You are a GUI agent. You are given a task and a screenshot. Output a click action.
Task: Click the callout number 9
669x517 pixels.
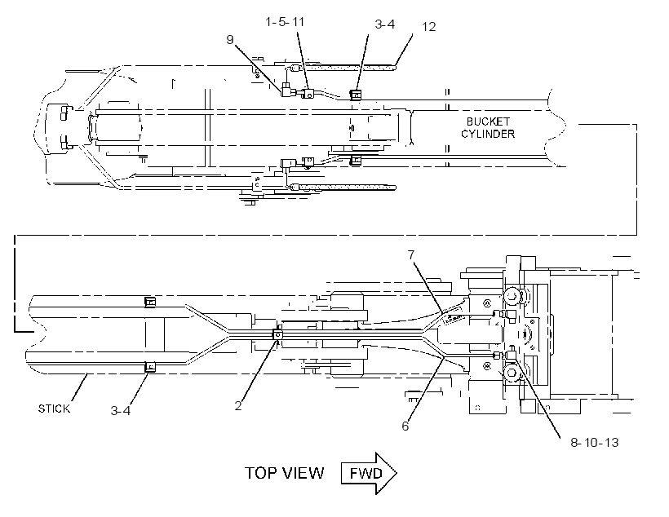tap(230, 40)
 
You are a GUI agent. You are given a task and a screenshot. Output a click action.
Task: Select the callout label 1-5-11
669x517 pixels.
tap(285, 22)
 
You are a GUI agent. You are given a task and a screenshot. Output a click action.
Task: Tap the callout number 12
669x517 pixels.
tap(429, 27)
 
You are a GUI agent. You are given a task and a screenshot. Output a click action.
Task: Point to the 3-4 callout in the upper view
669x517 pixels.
tap(385, 24)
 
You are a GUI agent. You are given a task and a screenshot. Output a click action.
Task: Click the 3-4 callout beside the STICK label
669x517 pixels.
tap(121, 410)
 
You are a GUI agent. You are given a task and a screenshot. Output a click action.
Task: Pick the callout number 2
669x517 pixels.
tap(238, 405)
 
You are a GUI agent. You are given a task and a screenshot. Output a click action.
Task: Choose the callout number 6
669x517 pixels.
tap(405, 426)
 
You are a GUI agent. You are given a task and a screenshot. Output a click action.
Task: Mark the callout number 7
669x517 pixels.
tap(411, 254)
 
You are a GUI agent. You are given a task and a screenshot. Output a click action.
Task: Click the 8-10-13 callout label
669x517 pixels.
tap(595, 442)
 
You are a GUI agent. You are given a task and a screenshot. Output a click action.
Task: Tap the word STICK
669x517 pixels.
tap(54, 409)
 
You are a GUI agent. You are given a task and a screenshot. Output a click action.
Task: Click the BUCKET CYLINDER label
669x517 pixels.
tap(488, 127)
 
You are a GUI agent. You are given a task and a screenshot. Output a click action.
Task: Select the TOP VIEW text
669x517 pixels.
tap(284, 473)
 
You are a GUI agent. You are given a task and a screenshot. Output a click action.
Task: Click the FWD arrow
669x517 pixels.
tap(369, 474)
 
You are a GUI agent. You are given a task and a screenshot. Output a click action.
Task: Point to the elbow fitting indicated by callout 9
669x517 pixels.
tap(287, 91)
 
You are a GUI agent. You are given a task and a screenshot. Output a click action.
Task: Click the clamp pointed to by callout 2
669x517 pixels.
tap(277, 334)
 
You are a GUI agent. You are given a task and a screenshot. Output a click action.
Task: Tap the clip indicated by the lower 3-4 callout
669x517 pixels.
tap(150, 366)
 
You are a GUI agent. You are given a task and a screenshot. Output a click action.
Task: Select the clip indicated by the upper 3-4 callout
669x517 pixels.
tap(356, 95)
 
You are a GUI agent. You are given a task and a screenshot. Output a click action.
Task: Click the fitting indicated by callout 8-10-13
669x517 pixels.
tap(510, 354)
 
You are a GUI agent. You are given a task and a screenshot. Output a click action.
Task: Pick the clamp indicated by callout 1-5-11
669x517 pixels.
tap(308, 94)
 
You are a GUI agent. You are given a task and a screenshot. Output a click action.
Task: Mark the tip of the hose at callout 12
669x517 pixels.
tap(396, 66)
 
